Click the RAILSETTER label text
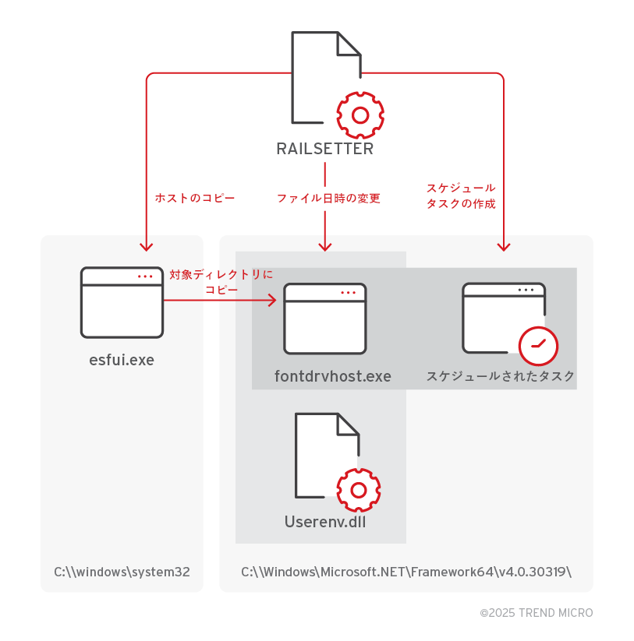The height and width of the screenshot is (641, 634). tap(324, 149)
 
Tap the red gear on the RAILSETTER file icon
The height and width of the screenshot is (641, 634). tap(360, 115)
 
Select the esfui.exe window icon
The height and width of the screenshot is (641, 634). tap(122, 302)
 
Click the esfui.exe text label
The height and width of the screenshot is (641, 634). tap(122, 359)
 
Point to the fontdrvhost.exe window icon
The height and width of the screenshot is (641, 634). tap(324, 319)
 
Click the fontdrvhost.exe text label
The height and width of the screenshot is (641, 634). tap(333, 376)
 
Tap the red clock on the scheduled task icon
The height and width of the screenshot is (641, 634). tap(538, 345)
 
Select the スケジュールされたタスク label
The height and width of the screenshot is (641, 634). tap(501, 376)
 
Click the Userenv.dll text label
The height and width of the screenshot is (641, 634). tap(325, 521)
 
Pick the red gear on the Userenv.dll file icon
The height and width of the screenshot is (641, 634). tap(359, 490)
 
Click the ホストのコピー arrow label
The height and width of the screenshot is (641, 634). tap(195, 198)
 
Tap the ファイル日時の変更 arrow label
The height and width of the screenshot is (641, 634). tap(328, 198)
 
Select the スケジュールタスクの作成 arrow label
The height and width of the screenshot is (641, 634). tap(461, 195)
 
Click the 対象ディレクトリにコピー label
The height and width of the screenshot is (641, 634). tap(221, 281)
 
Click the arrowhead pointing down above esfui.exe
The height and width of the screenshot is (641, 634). tap(146, 246)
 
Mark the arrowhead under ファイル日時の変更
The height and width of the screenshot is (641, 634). tap(325, 246)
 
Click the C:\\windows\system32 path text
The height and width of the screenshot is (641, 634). tap(122, 572)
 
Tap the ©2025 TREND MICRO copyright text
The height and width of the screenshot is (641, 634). tap(536, 613)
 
